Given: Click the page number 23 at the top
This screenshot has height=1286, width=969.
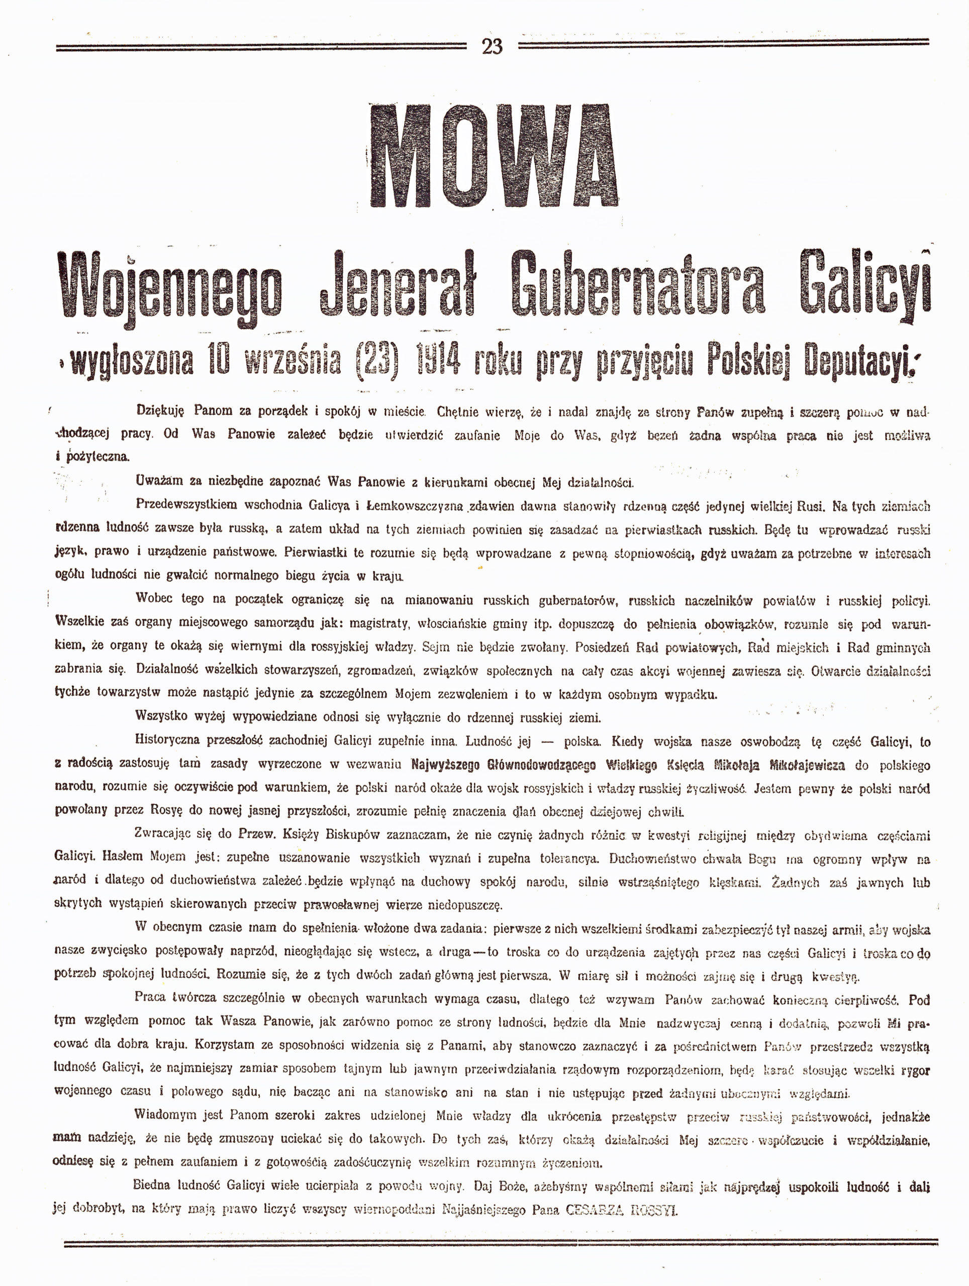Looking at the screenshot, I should (492, 46).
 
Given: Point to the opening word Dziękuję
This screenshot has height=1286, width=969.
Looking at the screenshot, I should (160, 411).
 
